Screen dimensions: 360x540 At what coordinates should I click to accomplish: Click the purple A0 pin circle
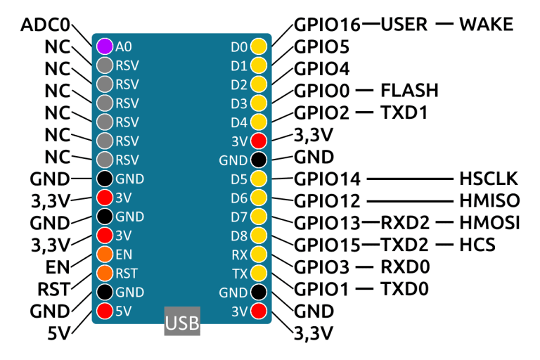pos(105,46)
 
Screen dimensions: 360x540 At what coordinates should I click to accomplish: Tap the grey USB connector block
pos(182,322)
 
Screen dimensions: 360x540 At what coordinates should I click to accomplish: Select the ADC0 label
pos(46,25)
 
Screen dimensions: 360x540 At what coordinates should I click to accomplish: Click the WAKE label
pos(486,25)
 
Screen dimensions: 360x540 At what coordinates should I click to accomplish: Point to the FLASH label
pos(409,91)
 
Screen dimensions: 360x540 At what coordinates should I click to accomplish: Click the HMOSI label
pos(489,224)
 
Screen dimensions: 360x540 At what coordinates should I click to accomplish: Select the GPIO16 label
pos(327,25)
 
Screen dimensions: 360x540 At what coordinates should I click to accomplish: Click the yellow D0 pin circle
pos(259,47)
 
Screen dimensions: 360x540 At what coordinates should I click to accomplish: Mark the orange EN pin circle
pos(105,254)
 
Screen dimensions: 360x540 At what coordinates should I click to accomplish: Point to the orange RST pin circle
pos(105,273)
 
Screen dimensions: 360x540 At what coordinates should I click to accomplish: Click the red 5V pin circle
pos(105,310)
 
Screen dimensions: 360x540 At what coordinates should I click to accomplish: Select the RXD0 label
pos(405,267)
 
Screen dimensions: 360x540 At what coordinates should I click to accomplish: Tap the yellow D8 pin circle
pos(259,235)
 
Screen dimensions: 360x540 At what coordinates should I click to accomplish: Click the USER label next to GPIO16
pos(404,25)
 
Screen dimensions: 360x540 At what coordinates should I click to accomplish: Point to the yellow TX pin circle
pos(259,273)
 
